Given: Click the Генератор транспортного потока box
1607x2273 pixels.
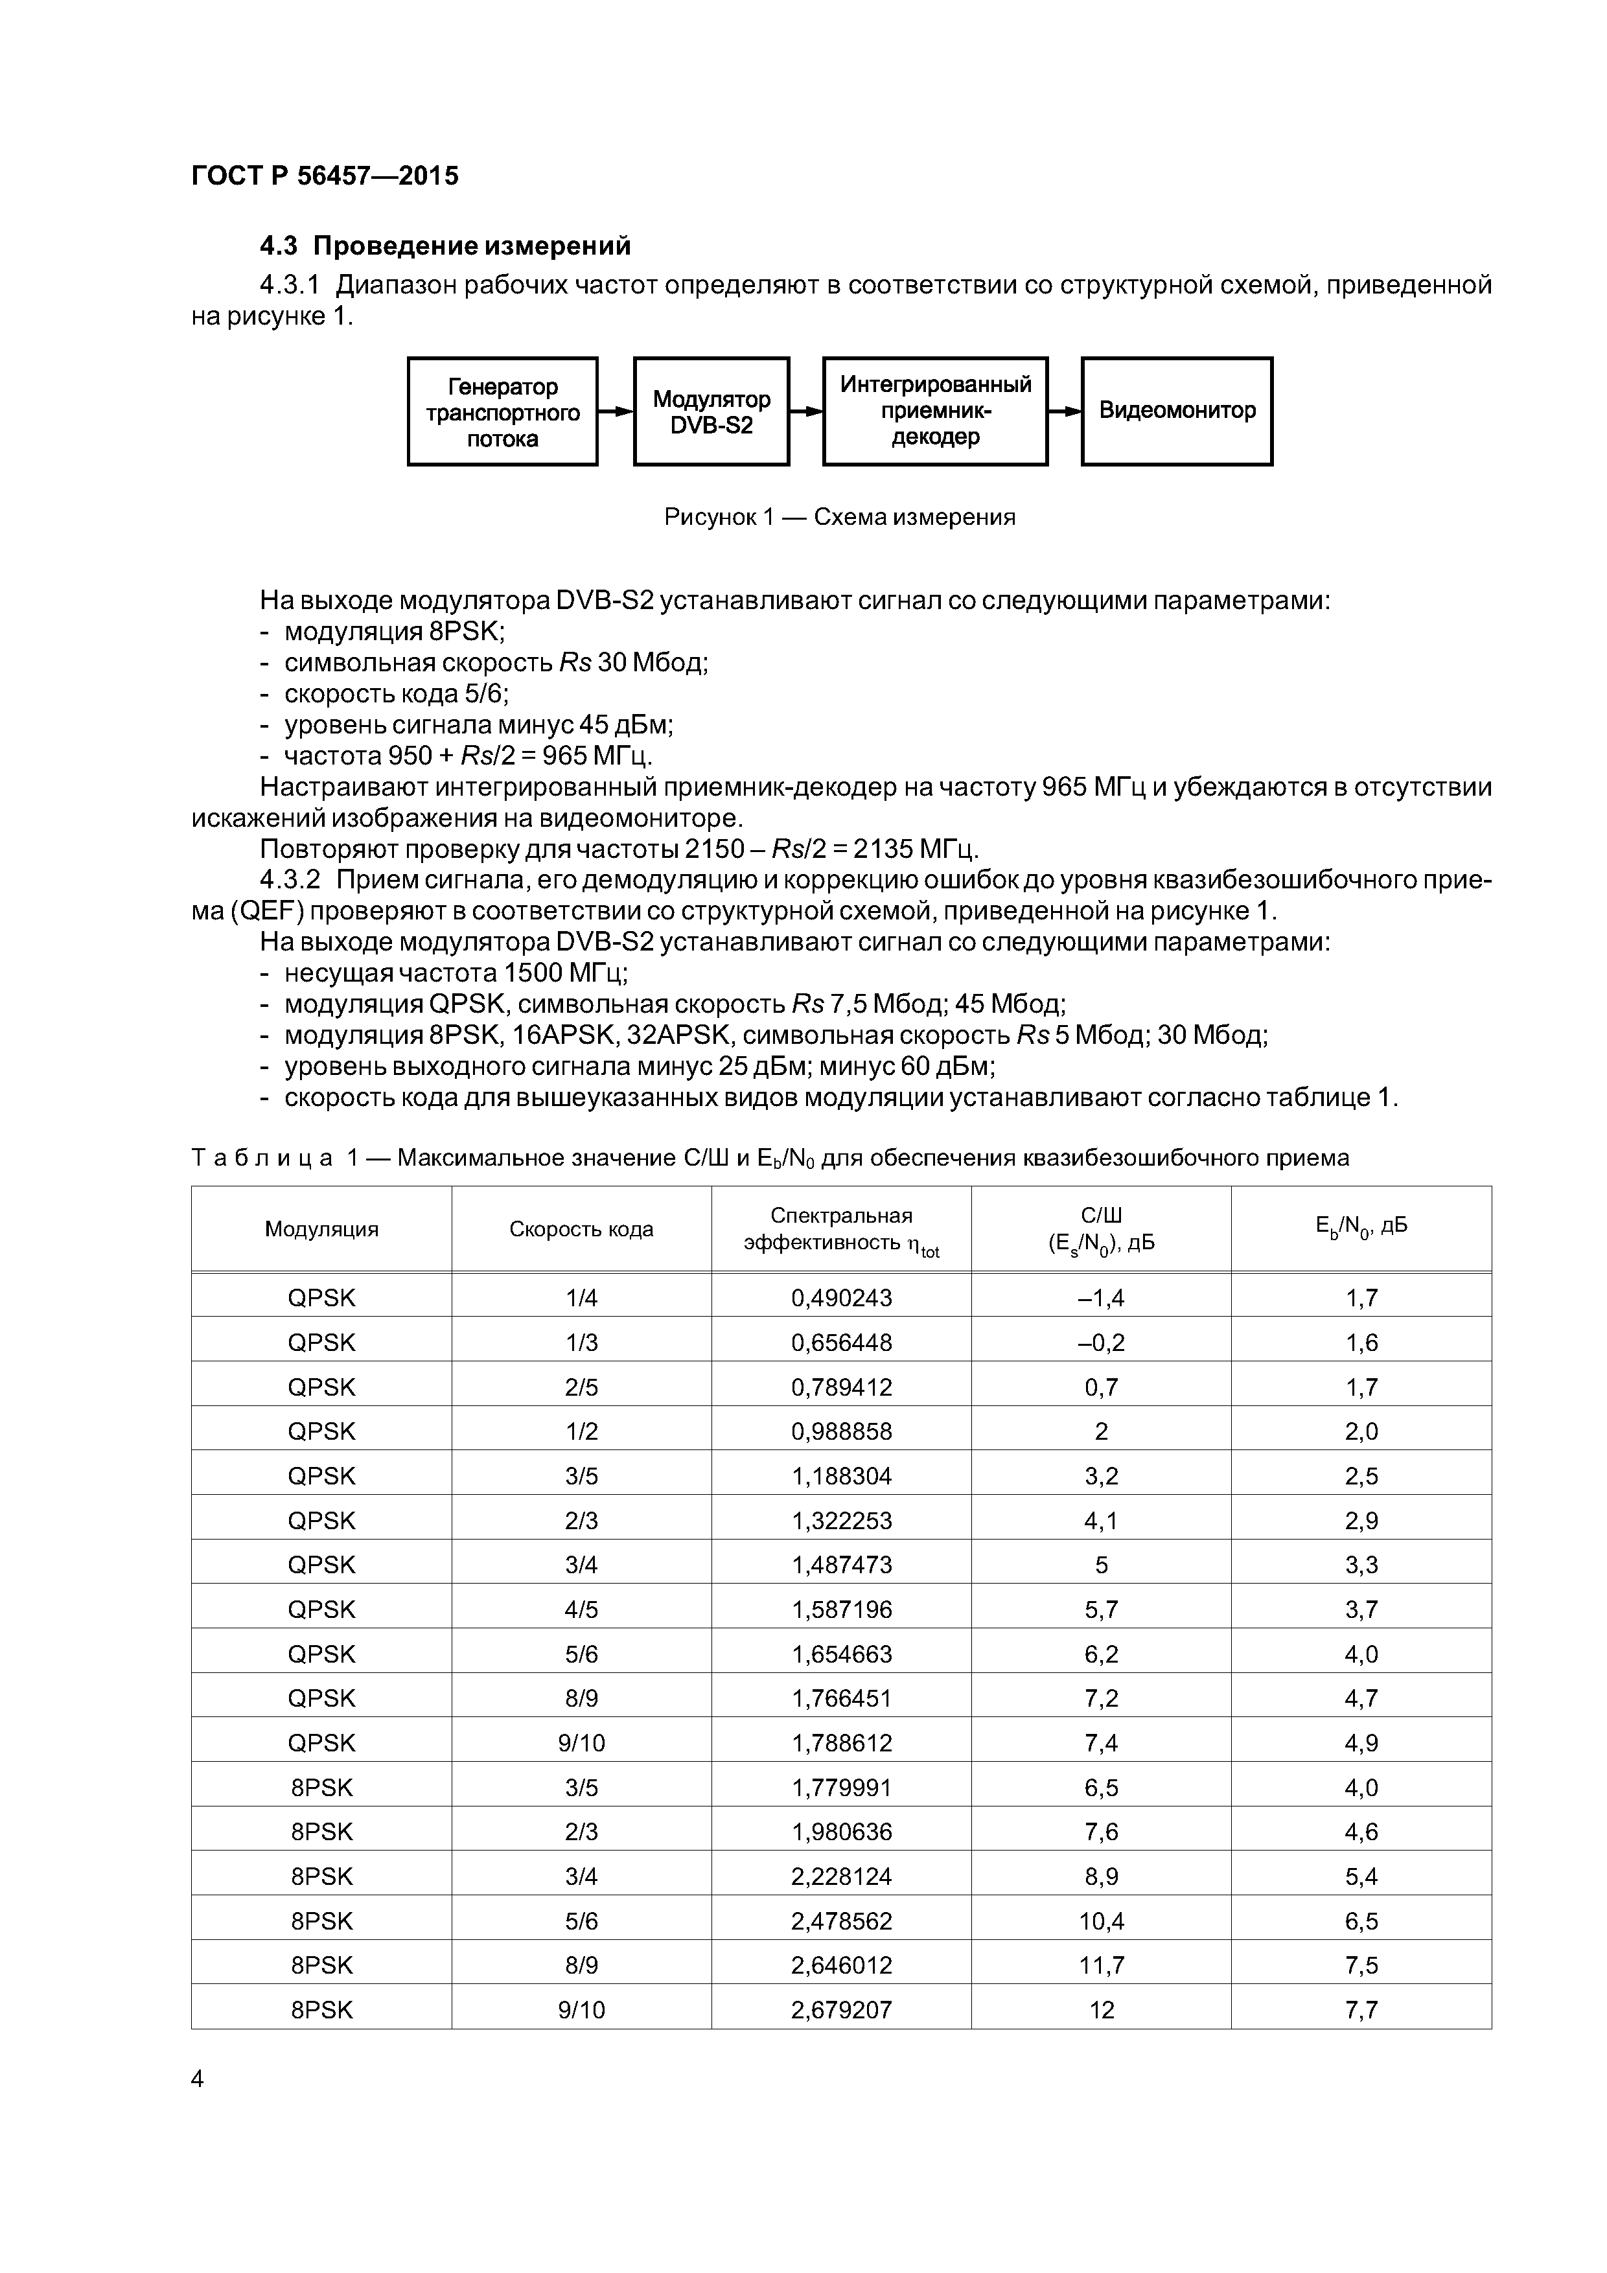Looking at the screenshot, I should [x=502, y=412].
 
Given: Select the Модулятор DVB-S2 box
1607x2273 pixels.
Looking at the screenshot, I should [x=711, y=412].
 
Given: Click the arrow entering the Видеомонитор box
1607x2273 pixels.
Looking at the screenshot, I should [x=1065, y=411].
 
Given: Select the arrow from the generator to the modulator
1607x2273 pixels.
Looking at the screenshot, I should [x=615, y=411].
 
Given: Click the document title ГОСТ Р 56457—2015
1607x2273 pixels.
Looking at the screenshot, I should [x=325, y=176].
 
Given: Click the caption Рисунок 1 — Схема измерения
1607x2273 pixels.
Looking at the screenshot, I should [x=840, y=517].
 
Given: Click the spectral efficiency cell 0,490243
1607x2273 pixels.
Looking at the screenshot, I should [x=840, y=1298].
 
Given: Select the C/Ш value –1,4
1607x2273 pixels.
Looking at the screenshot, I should [x=1101, y=1298].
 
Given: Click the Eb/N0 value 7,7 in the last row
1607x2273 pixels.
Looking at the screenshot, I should [x=1361, y=2011].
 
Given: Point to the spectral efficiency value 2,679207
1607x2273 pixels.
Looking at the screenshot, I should [x=840, y=2011].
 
